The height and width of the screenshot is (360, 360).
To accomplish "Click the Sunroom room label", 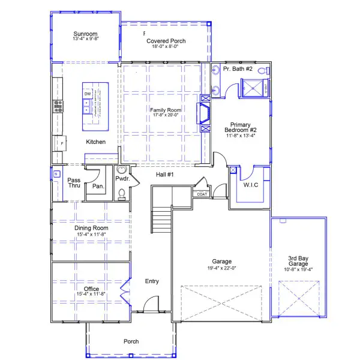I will (85, 34).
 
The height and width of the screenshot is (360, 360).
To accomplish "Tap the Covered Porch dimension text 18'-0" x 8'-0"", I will (166, 47).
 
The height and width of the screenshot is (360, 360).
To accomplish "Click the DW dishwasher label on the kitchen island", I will (88, 94).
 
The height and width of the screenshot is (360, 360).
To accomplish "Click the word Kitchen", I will (95, 142).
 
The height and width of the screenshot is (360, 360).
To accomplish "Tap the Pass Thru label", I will (74, 183).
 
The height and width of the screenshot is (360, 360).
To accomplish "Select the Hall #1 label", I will (165, 175).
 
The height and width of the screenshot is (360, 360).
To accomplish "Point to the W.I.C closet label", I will (251, 185).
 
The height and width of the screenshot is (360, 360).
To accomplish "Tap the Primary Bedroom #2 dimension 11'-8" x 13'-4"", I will (240, 136).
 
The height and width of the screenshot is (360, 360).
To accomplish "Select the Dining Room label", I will (91, 228).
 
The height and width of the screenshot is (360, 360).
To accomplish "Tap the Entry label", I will (152, 281).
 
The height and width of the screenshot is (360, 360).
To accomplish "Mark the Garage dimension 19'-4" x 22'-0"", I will (221, 268).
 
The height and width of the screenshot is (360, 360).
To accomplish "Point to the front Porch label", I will (131, 341).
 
